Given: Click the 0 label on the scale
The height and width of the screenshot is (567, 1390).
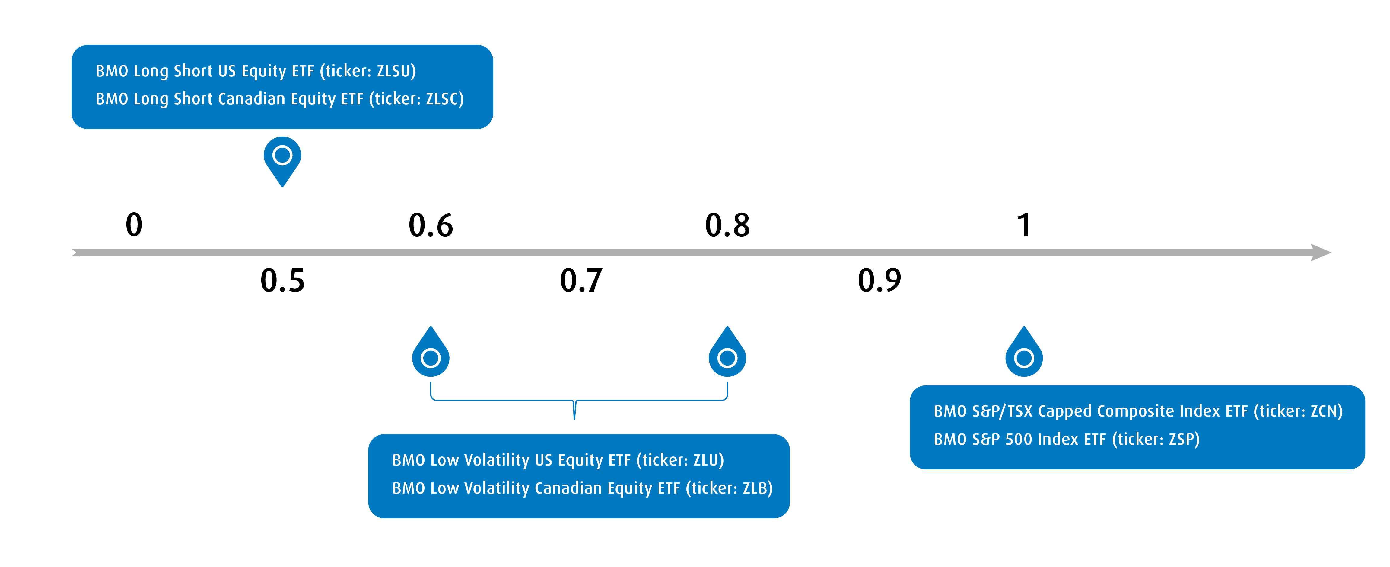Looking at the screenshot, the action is pos(134,225).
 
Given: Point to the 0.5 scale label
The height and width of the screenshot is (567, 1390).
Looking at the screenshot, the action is pos(282,280).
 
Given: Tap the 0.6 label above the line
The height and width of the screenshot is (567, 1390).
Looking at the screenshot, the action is pos(431,225).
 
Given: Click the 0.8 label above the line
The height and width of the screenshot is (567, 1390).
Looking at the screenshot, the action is pos(727,225).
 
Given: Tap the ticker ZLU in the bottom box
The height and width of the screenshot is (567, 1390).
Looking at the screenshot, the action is pos(706,460).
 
